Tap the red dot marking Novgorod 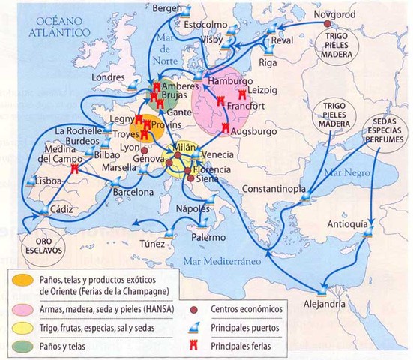328,24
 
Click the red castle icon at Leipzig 242,94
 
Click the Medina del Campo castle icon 76,170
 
